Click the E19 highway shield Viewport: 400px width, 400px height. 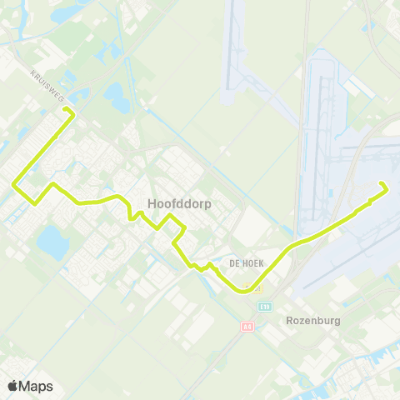pyautogui.click(x=265, y=307)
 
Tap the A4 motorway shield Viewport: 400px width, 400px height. pyautogui.click(x=247, y=327)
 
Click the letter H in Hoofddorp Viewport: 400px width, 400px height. pyautogui.click(x=152, y=202)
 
